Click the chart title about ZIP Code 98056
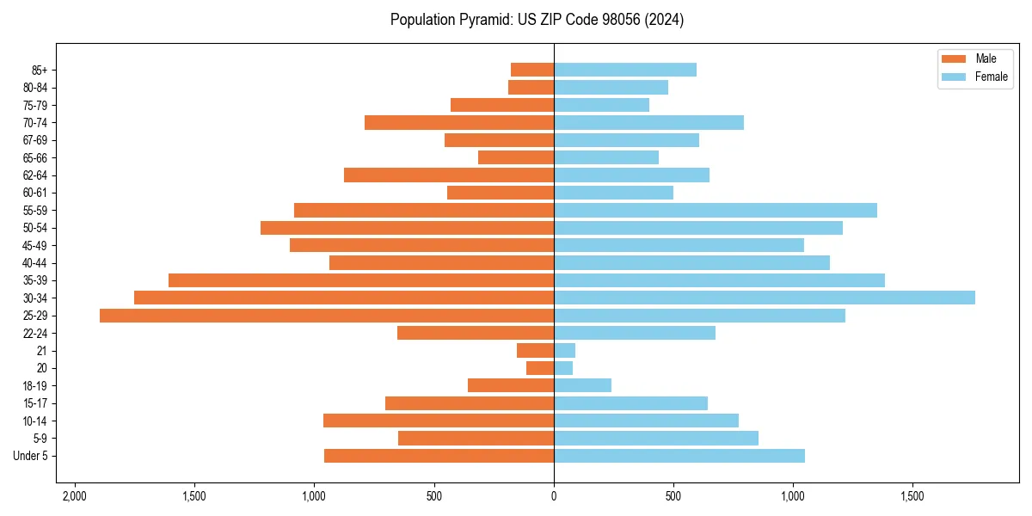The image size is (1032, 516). click(537, 20)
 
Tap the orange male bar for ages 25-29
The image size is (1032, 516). click(327, 316)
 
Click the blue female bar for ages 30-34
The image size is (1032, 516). click(765, 298)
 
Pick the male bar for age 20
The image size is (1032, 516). click(540, 368)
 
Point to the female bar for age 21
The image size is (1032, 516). click(564, 351)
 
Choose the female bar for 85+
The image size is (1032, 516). click(625, 70)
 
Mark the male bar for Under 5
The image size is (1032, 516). click(439, 456)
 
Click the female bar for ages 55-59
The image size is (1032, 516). click(716, 211)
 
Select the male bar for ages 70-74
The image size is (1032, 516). click(459, 123)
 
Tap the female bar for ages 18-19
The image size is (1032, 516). click(582, 385)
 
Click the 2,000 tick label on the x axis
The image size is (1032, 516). click(75, 496)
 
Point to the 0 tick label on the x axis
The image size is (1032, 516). click(554, 496)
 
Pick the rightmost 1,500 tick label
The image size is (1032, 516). click(912, 496)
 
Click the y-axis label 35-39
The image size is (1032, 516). click(35, 280)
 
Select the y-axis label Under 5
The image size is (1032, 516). click(30, 456)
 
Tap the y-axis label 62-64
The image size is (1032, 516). click(35, 175)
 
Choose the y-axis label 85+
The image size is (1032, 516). click(39, 70)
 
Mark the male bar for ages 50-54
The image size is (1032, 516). click(407, 228)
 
